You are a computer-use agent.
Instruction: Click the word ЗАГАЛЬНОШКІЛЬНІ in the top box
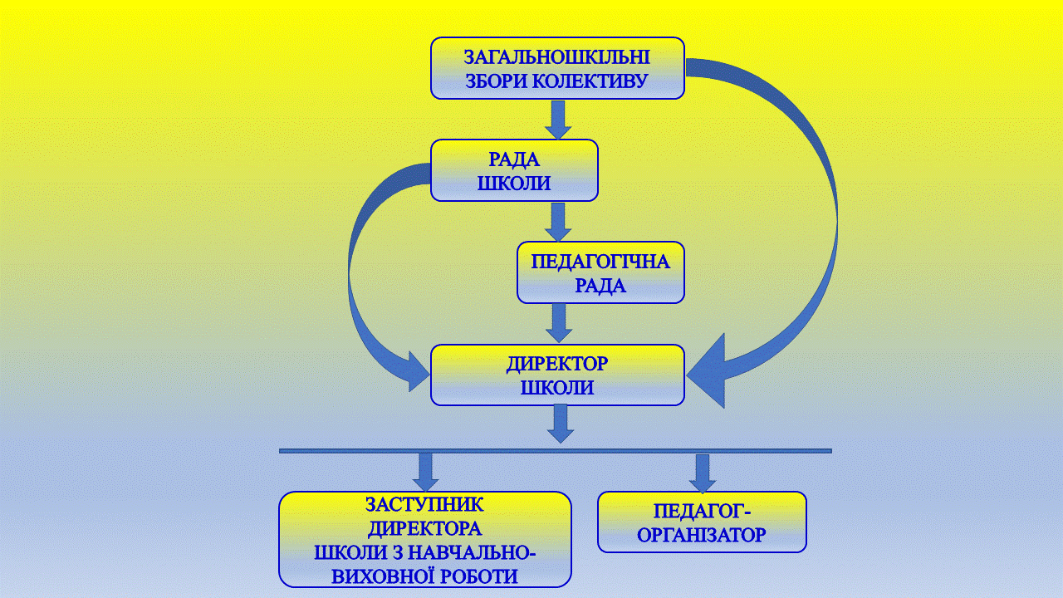point(557,57)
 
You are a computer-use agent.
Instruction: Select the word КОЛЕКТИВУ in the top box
point(590,81)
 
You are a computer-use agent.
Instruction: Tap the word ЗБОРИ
point(497,81)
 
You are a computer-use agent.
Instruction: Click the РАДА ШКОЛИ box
point(514,170)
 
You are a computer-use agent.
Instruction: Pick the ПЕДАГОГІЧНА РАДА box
point(600,272)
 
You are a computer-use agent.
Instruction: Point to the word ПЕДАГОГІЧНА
point(600,262)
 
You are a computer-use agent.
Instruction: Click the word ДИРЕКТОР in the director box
point(557,364)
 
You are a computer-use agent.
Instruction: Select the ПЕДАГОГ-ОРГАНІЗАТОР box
point(702,522)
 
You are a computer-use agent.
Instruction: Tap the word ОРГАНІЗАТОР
point(702,535)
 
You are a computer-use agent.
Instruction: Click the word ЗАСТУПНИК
point(424,504)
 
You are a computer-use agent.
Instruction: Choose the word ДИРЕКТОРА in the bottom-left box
point(424,529)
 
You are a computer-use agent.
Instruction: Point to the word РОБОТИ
point(479,576)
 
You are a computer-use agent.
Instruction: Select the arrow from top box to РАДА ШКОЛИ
point(558,120)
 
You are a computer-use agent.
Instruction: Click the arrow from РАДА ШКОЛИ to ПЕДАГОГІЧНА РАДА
point(558,222)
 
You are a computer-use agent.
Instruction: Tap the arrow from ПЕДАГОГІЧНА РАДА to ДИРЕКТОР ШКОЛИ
point(559,323)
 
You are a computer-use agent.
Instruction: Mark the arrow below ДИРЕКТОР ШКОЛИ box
point(561,424)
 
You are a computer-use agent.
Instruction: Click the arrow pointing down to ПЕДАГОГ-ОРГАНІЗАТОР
point(703,473)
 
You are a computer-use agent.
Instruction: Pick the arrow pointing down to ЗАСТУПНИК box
point(426,473)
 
